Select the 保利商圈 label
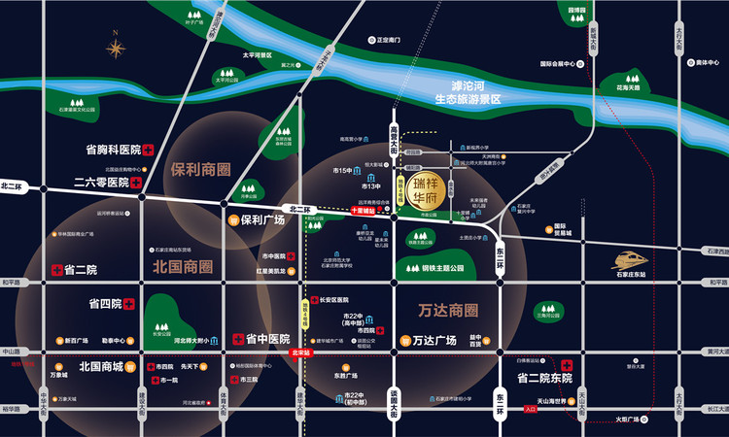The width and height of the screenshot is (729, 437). (x=200, y=168)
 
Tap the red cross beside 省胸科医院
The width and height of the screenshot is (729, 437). (x=149, y=151)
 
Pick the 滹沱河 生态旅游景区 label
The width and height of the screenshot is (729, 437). (x=467, y=92)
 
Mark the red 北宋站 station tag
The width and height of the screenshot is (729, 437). (x=300, y=353)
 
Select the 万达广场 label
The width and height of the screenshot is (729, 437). (x=434, y=341)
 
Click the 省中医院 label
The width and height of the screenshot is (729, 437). (x=267, y=339)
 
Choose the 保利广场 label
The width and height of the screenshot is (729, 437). (x=262, y=219)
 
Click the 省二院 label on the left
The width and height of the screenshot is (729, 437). (x=79, y=269)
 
